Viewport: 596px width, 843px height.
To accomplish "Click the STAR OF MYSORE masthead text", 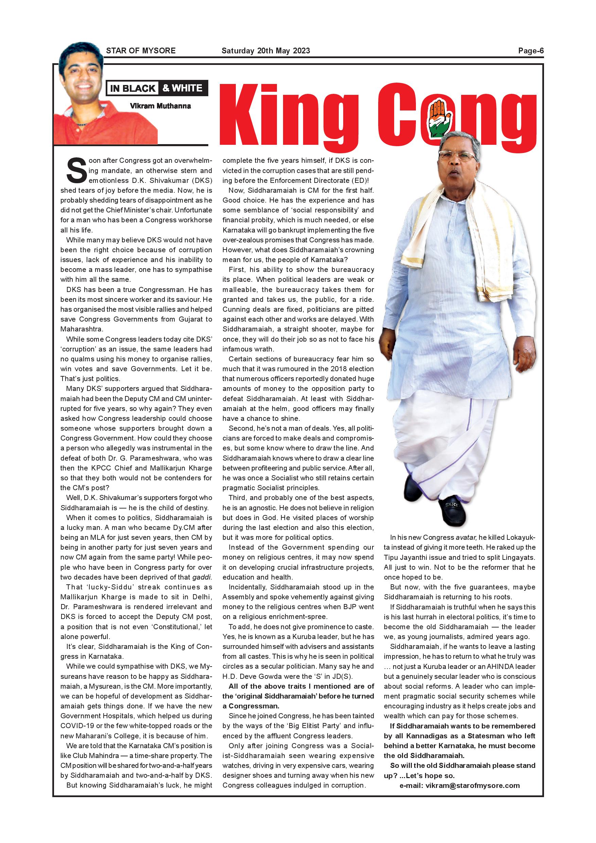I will (x=141, y=51).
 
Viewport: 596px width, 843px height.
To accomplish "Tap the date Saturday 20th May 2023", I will (x=266, y=51).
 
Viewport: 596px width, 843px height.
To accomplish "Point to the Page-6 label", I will (x=531, y=51).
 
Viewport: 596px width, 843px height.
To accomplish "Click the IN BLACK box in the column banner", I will (x=133, y=88).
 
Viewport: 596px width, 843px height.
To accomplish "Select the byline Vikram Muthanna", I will (x=160, y=106).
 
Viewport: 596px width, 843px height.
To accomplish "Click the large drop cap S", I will (x=76, y=171).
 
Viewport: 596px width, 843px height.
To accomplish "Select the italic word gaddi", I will (x=202, y=577).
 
